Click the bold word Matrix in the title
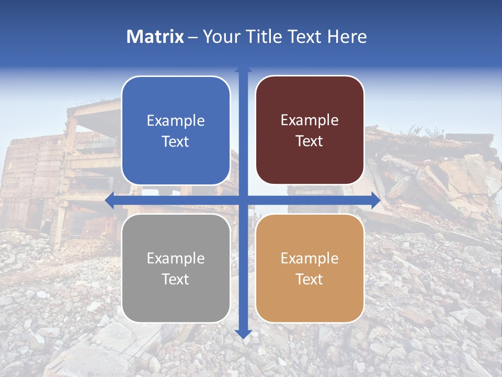click(155, 37)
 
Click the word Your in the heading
click(220, 37)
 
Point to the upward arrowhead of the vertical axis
click(243, 70)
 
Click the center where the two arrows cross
click(243, 201)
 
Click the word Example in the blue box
click(176, 120)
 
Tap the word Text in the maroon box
click(310, 141)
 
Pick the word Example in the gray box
click(176, 258)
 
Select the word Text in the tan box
click(310, 279)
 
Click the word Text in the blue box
click(176, 141)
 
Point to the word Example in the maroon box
click(310, 120)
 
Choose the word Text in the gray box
click(176, 279)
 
